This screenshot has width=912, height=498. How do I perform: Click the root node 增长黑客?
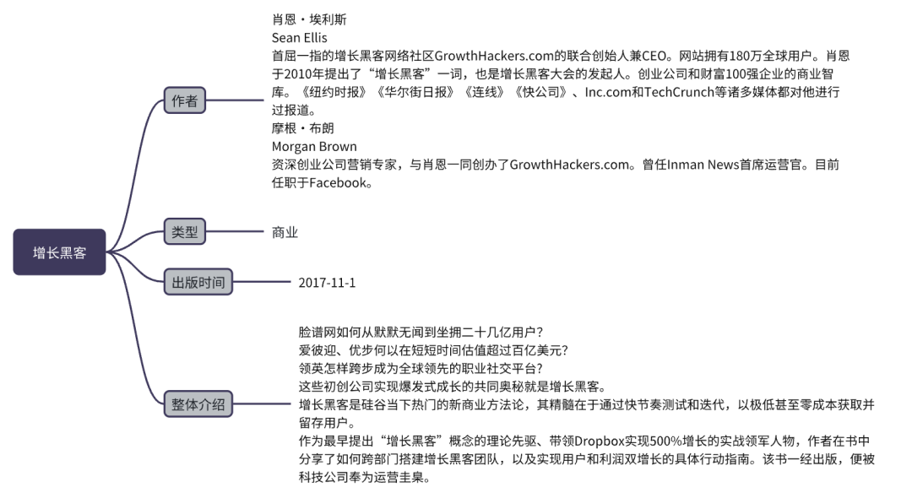click(x=59, y=252)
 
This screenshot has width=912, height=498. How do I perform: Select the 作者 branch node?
click(x=184, y=101)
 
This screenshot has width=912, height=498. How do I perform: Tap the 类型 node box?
click(x=184, y=231)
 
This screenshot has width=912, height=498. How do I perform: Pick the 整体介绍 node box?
click(x=198, y=404)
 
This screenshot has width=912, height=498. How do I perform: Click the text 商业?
click(x=285, y=232)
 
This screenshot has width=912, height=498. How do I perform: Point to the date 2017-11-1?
click(x=327, y=283)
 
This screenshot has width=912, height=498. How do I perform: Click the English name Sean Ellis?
click(x=299, y=38)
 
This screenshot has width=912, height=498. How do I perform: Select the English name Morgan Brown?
click(x=313, y=147)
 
